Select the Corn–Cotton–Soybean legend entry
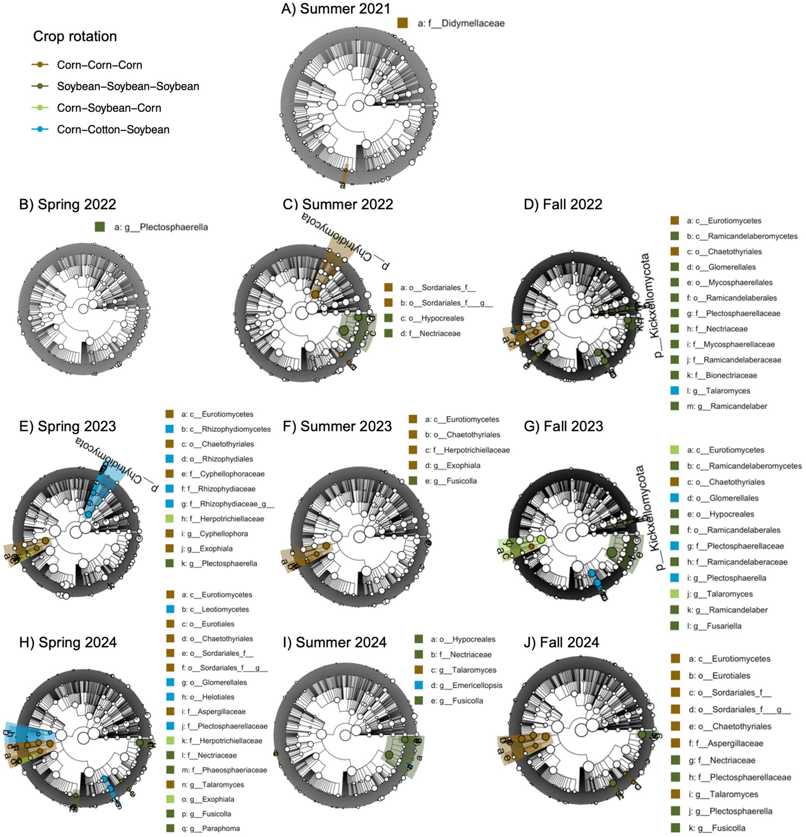tap(113, 130)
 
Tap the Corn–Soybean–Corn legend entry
tap(109, 108)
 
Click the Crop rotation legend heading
tap(75, 36)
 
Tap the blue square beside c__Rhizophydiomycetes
tap(170, 429)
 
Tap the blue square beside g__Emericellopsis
tap(419, 685)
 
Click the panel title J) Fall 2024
tap(561, 642)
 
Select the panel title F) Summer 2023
tap(337, 426)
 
